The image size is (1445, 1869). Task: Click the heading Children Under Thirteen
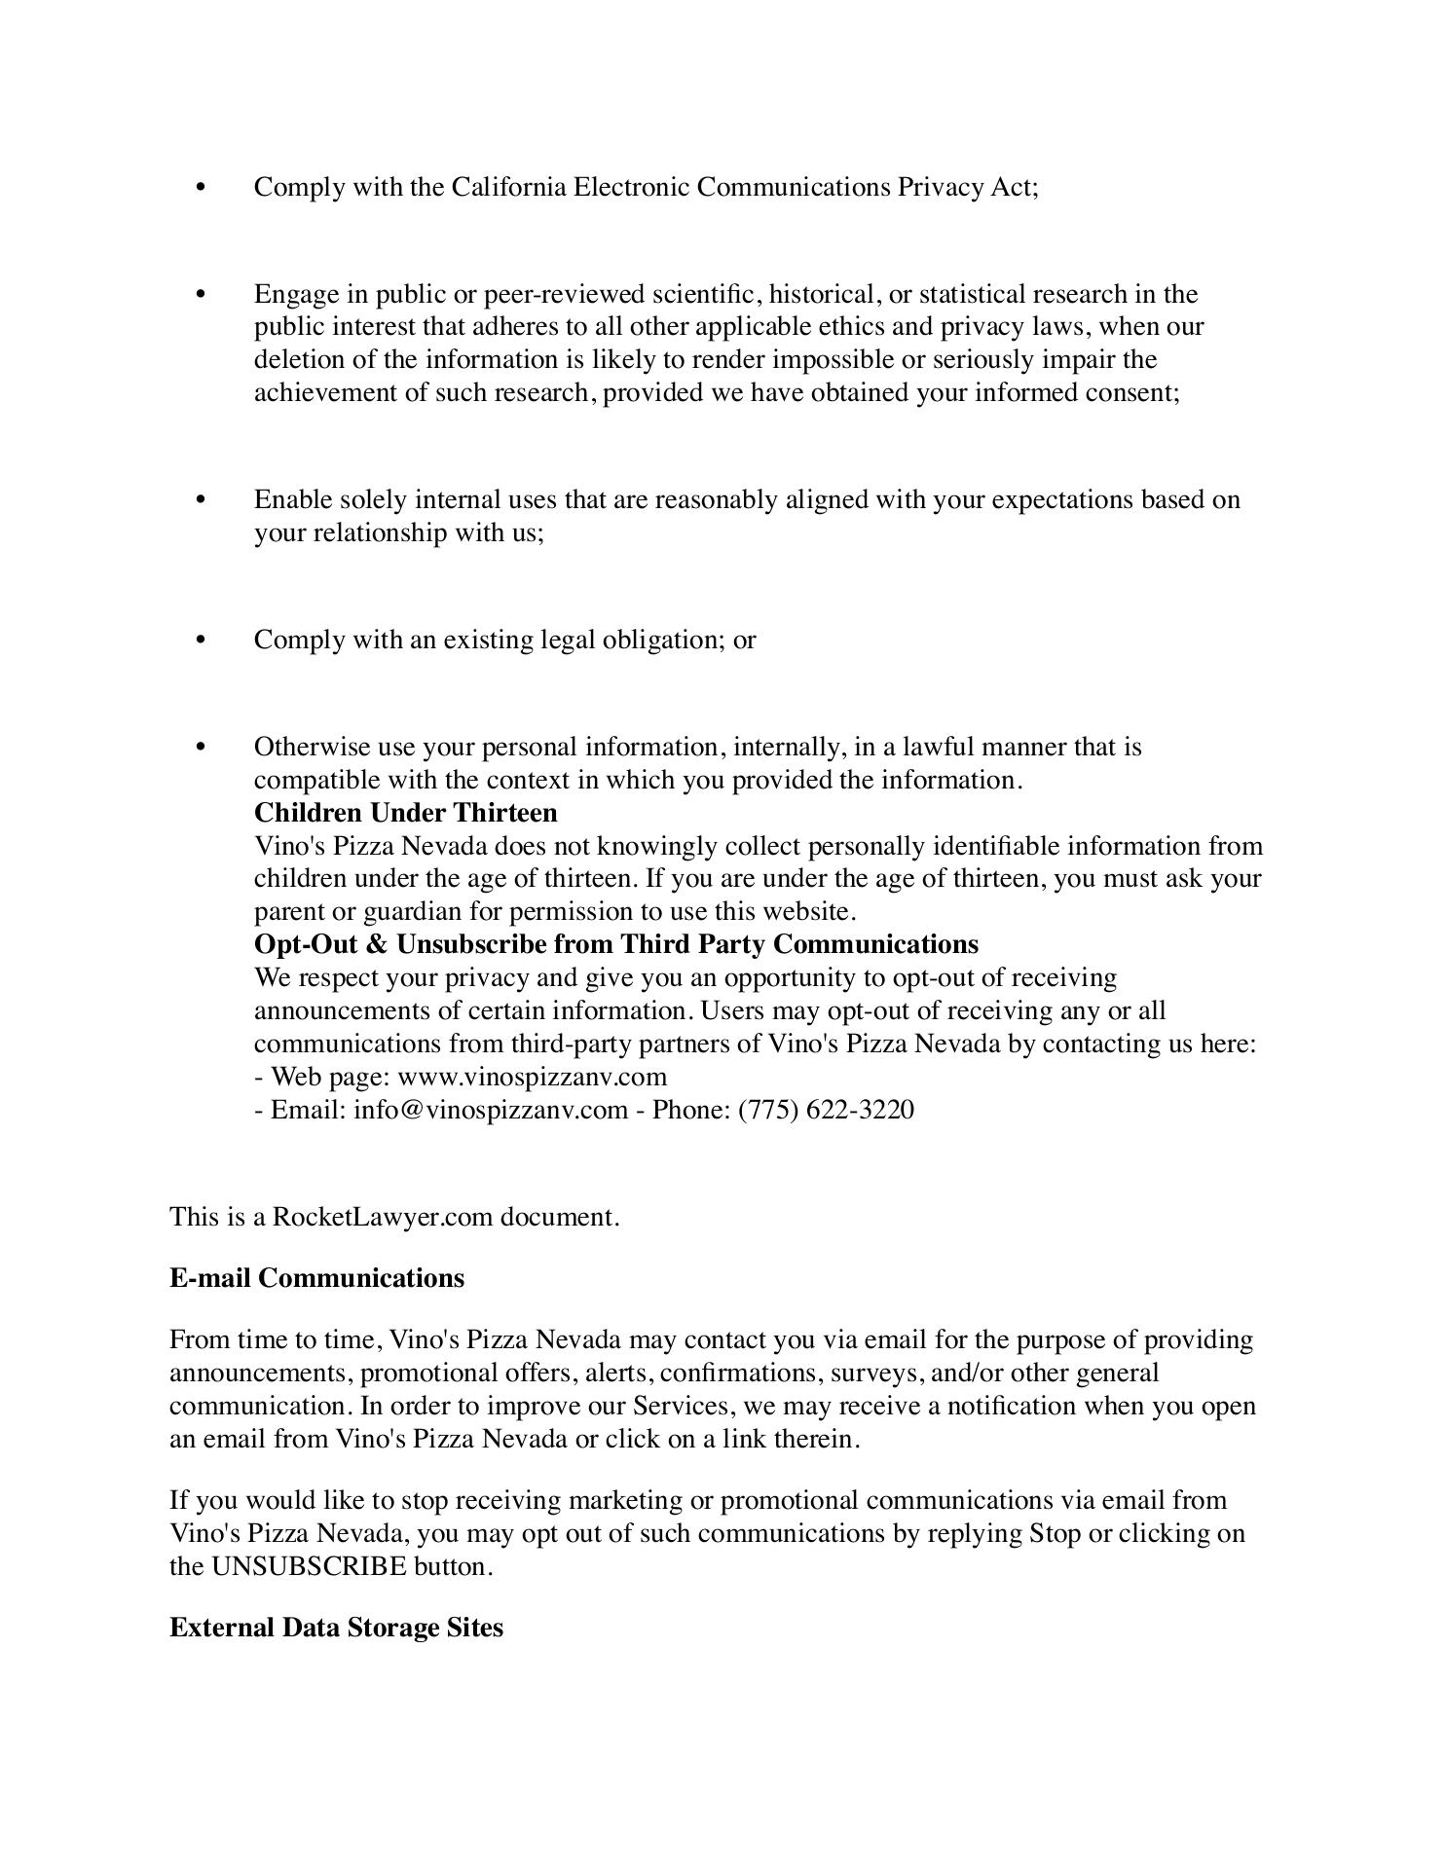405,813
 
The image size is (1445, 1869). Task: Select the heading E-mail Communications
316,1278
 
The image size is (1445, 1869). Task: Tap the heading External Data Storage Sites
336,1628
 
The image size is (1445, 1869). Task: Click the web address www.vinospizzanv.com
533,1077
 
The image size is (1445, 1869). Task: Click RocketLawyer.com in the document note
383,1217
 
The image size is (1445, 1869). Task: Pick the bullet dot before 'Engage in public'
202,294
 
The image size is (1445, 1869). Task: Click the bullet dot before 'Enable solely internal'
202,499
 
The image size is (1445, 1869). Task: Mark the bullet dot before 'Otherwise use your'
202,747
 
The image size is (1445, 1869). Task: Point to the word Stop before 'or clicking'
1055,1533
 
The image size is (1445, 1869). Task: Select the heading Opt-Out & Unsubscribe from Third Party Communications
615,944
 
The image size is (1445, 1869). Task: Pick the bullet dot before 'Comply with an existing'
202,640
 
